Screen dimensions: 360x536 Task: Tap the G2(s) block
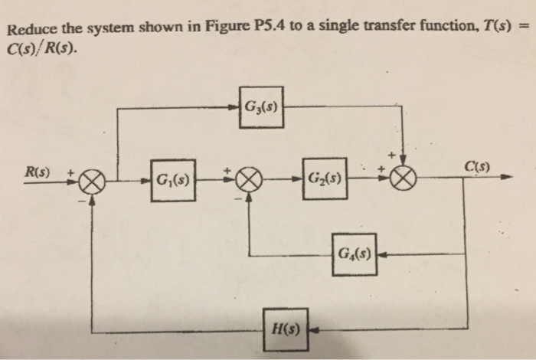click(x=325, y=182)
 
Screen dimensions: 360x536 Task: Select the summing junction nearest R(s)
click(x=92, y=182)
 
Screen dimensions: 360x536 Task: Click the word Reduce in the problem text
click(x=29, y=31)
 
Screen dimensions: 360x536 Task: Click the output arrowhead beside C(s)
click(x=506, y=178)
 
